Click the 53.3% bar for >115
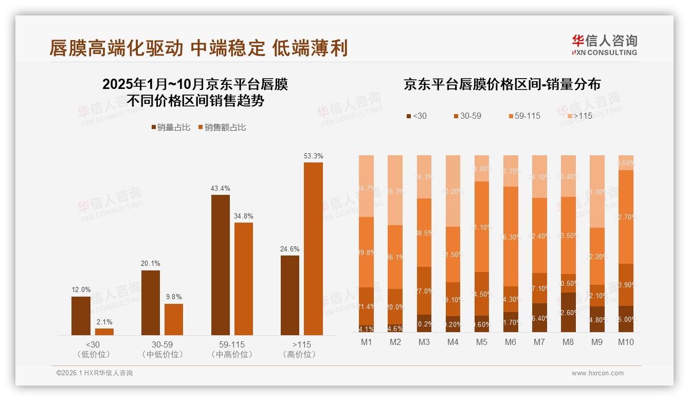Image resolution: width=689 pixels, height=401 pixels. click(x=313, y=249)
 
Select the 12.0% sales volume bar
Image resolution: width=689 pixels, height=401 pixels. click(x=81, y=316)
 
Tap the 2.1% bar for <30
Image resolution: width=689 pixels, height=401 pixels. click(x=104, y=332)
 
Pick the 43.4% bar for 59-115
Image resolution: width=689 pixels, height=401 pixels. click(x=221, y=265)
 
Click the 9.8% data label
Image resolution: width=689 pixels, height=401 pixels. click(x=174, y=297)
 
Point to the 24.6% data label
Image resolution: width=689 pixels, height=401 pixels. click(x=290, y=249)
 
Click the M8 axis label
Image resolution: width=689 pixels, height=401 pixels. click(x=568, y=342)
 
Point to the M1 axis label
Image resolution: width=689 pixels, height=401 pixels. click(x=366, y=342)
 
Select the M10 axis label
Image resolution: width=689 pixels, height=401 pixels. click(x=625, y=342)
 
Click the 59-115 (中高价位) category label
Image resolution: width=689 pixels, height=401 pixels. click(x=231, y=349)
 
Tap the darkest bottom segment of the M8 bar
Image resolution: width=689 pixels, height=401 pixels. click(x=568, y=312)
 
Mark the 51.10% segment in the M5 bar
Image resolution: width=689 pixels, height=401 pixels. click(x=482, y=227)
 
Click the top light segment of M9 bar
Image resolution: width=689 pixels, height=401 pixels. click(x=596, y=191)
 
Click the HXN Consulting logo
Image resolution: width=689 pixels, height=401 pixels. click(x=604, y=45)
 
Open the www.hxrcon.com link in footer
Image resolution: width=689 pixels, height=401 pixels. click(x=597, y=373)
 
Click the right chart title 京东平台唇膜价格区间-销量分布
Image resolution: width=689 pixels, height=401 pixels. click(x=502, y=84)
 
